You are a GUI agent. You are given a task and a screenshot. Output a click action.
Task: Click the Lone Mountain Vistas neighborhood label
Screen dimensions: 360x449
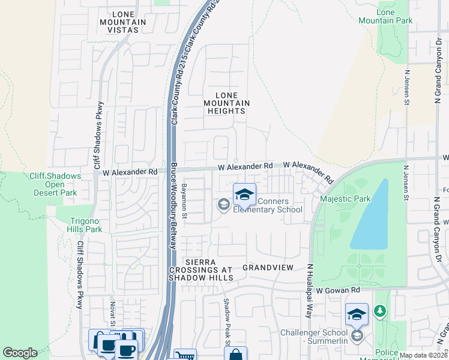point(122,22)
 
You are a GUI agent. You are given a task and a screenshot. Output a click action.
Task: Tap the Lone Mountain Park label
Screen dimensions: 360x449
point(394,16)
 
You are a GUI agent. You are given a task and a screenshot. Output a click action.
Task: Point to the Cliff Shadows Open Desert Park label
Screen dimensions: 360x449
point(54,184)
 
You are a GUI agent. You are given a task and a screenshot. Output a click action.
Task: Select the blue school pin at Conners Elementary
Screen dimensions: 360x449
point(244,194)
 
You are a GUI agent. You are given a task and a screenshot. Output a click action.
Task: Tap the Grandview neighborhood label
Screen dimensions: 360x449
point(268,266)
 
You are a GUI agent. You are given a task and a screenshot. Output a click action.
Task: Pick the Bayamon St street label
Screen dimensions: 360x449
point(185,201)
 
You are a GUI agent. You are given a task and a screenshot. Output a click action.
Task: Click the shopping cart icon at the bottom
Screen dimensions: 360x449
point(184,355)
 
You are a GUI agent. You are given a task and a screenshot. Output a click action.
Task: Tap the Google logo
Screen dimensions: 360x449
point(20,352)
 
